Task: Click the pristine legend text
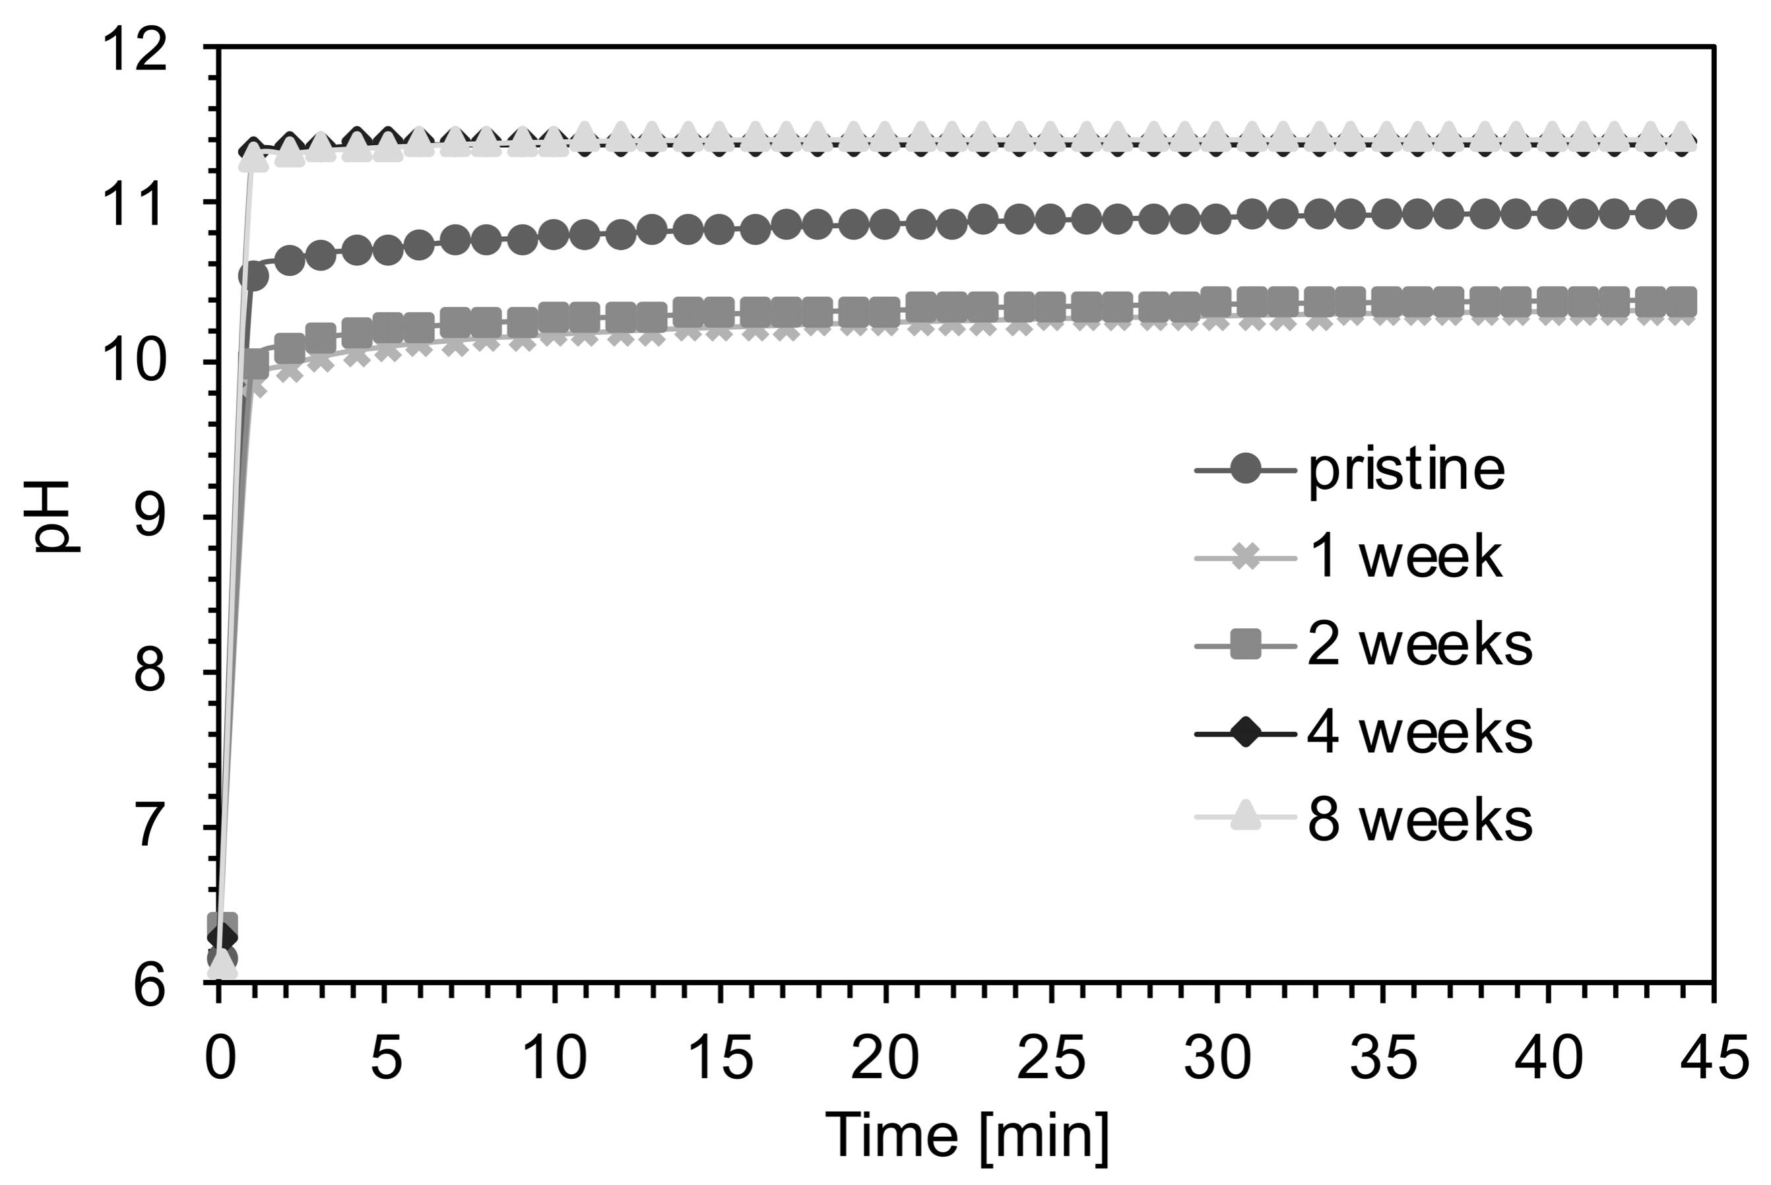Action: click(x=1406, y=470)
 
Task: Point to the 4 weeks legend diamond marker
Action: click(x=1245, y=732)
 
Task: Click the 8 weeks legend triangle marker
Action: click(x=1245, y=817)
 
